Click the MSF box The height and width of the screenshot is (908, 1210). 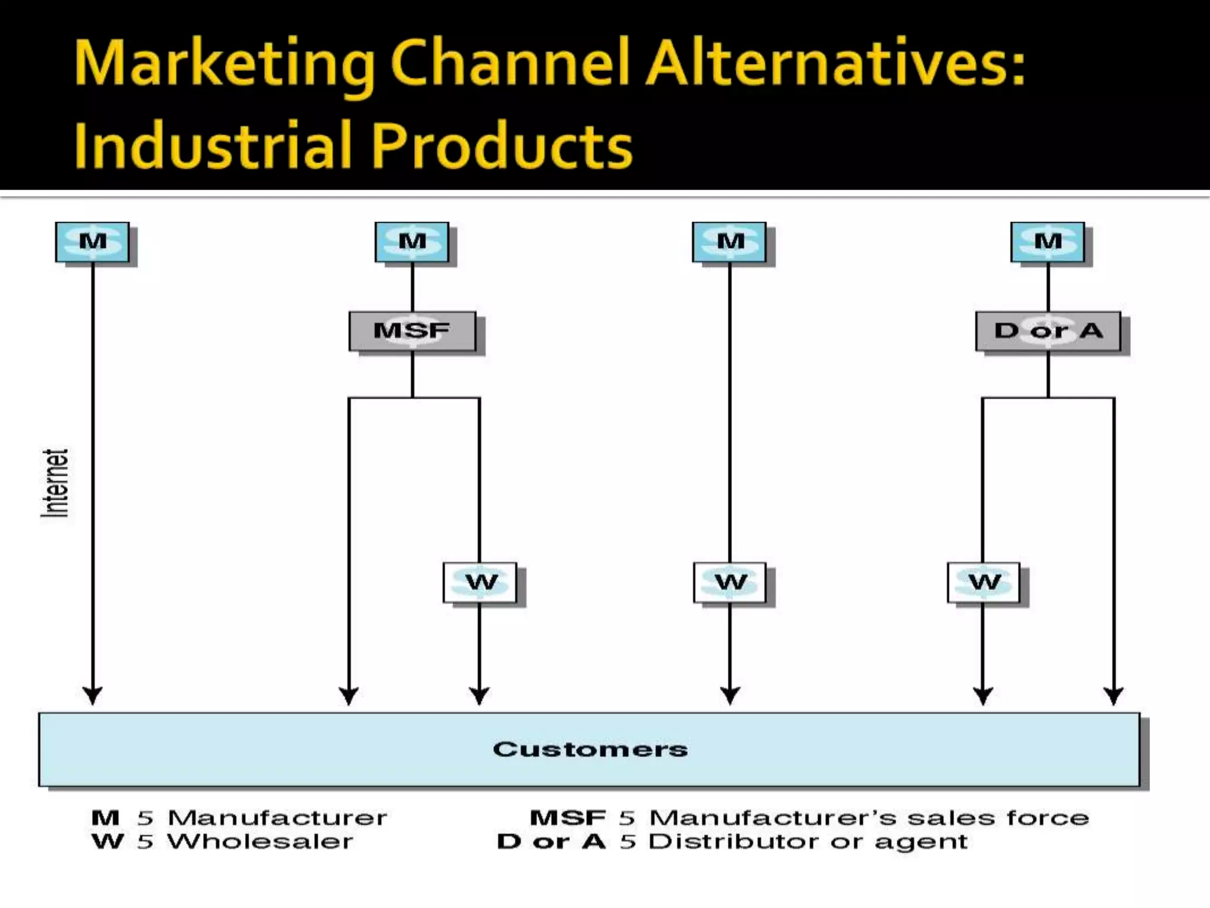(412, 330)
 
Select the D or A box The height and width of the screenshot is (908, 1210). (1048, 330)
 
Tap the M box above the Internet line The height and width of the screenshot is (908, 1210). (93, 242)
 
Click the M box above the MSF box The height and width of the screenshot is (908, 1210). (412, 242)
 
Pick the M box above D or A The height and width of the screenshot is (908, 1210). (1048, 242)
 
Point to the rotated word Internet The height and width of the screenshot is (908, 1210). (55, 483)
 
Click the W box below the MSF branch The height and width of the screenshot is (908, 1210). (480, 582)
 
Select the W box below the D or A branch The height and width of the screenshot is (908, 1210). (984, 582)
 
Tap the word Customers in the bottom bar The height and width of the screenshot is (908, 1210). (590, 750)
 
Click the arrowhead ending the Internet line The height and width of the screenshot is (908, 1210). (93, 696)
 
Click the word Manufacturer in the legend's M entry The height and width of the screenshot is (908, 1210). (277, 818)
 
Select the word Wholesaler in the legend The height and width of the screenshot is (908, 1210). (260, 842)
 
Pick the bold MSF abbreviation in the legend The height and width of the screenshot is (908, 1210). (567, 818)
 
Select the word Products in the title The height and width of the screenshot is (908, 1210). (502, 145)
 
